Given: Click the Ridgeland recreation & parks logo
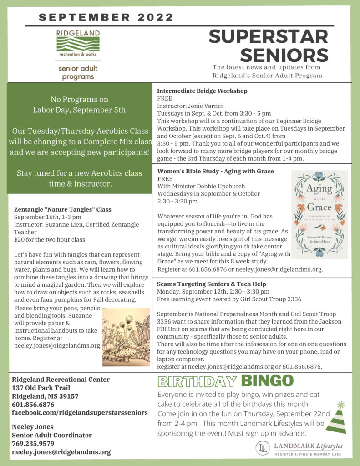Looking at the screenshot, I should pyautogui.click(x=76, y=45).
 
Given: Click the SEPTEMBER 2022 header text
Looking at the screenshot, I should pyautogui.click(x=106, y=18).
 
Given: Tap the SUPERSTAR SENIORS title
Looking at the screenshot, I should pyautogui.click(x=269, y=46).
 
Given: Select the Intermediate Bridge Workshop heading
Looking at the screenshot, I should pyautogui.click(x=202, y=91).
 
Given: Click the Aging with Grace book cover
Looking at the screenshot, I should pyautogui.click(x=319, y=214).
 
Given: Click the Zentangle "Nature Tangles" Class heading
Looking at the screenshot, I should pyautogui.click(x=63, y=209).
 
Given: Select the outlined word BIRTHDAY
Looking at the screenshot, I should pyautogui.click(x=197, y=381).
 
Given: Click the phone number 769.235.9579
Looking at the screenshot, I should pyautogui.click(x=34, y=444).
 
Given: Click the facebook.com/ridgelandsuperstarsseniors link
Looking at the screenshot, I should pyautogui.click(x=80, y=412).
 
